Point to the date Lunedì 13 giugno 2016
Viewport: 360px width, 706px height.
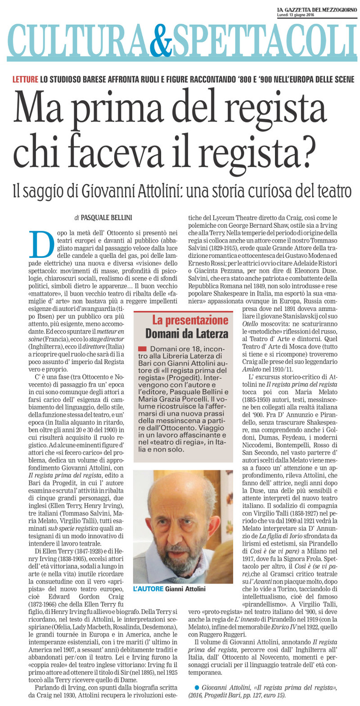coord(296,15)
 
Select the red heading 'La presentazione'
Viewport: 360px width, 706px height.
coord(190,320)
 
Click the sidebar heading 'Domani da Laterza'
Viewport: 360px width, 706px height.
coord(186,334)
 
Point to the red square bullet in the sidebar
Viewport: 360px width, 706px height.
coord(143,349)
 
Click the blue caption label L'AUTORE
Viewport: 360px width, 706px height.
coord(148,589)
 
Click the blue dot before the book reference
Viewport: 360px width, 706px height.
coord(197,687)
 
